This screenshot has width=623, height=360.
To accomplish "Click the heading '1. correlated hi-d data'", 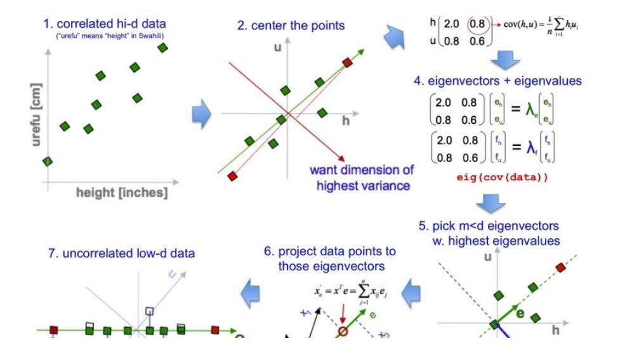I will [x=104, y=24].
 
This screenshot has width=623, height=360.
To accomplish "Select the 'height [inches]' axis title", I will [x=122, y=192].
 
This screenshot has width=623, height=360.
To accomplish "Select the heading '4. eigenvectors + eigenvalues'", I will [x=496, y=81].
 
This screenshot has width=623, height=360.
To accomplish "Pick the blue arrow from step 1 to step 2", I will [x=202, y=114].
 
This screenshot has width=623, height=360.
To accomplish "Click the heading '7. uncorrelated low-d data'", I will [x=121, y=253].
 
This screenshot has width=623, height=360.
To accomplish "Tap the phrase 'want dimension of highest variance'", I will [x=360, y=177].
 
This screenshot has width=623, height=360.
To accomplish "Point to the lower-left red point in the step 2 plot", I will [x=232, y=175].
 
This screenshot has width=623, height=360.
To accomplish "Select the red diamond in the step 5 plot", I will [x=560, y=267].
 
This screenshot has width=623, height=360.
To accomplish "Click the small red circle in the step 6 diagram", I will [x=341, y=331].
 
